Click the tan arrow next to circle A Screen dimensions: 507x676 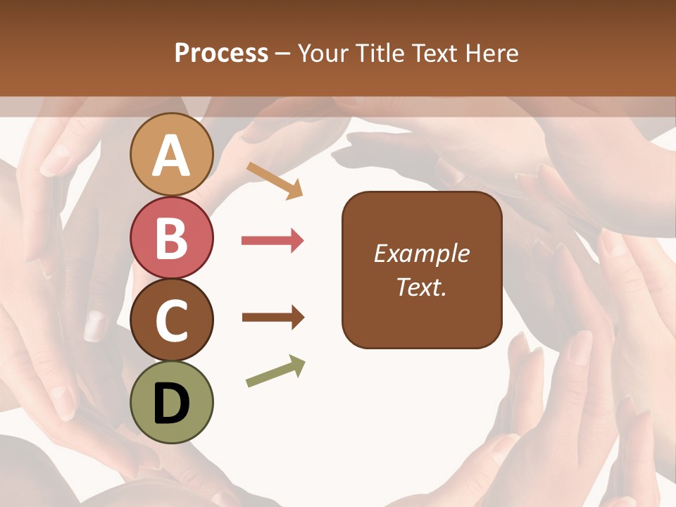(x=275, y=180)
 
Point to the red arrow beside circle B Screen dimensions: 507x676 (x=273, y=241)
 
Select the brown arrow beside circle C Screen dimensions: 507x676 (x=273, y=318)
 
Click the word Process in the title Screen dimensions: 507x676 (x=221, y=53)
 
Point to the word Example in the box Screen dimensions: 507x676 (x=422, y=254)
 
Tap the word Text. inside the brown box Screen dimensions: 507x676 (x=422, y=287)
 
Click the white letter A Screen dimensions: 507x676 (x=172, y=156)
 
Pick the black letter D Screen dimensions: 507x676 (x=172, y=404)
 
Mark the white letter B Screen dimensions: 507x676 (x=172, y=239)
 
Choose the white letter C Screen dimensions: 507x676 (x=172, y=322)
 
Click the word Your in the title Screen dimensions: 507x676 (x=324, y=53)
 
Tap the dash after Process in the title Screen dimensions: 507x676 (x=283, y=54)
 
